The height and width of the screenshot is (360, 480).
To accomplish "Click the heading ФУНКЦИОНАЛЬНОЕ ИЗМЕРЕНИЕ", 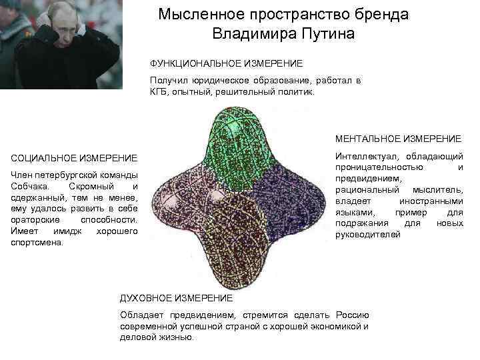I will click(226, 63).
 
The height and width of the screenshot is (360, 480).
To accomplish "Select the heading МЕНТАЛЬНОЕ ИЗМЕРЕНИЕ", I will click(398, 139).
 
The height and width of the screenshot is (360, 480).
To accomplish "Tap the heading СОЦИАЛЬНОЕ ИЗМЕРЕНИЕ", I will click(75, 158).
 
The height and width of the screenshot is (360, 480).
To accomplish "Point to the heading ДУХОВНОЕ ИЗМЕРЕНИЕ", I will click(175, 297).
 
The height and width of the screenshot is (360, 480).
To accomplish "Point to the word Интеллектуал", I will click(364, 155).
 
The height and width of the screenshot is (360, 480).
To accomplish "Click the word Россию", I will click(350, 314).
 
